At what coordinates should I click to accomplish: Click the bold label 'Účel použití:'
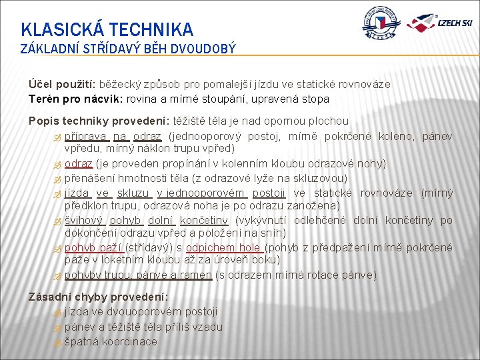(63, 85)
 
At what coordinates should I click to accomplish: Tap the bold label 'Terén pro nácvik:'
(71, 99)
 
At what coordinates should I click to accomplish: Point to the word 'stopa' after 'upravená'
(315, 99)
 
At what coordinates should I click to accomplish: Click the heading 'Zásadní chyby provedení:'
(98, 297)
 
